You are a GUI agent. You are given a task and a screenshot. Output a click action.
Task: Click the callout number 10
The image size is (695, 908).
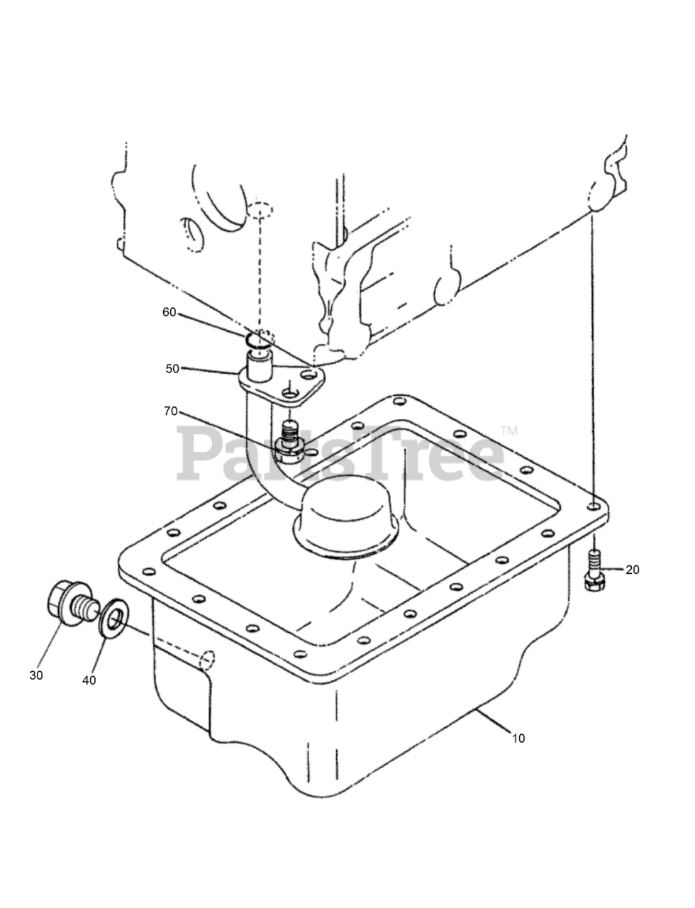point(518,738)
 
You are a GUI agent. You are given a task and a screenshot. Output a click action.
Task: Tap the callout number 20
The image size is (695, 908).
point(633,570)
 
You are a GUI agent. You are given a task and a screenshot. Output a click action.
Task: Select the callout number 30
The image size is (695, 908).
point(36,675)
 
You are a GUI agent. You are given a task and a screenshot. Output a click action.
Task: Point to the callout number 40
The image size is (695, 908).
point(89,680)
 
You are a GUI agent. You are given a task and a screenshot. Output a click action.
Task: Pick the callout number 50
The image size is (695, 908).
point(172,369)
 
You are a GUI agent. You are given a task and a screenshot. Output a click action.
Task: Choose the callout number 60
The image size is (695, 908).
point(169,312)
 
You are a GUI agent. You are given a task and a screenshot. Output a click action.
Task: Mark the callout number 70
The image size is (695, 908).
point(171,411)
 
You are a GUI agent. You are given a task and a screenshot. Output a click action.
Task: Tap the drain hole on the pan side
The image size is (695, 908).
point(207,659)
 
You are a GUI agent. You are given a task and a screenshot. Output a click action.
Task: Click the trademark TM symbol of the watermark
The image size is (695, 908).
point(509,431)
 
